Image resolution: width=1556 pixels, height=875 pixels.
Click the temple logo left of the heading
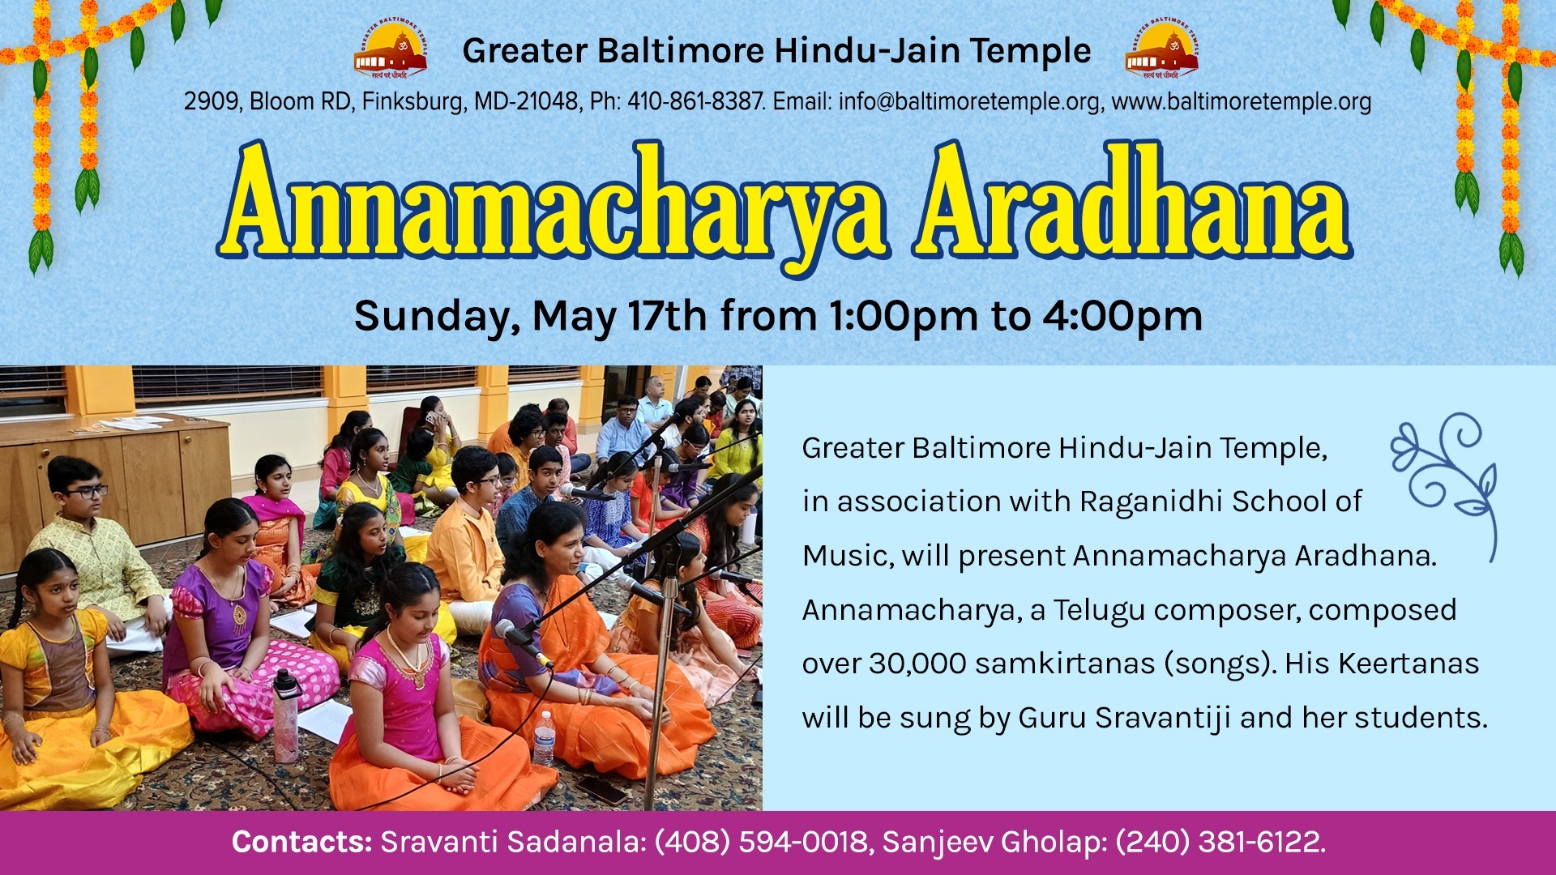point(390,48)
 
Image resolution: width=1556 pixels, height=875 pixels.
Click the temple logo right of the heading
point(1161,48)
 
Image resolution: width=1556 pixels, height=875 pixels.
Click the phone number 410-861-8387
point(695,101)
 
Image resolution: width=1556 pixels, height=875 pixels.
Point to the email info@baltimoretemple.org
point(969,101)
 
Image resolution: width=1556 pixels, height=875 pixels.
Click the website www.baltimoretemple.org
point(1241,101)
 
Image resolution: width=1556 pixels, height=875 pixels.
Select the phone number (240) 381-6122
point(1220,842)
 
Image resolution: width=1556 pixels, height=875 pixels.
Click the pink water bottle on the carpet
point(285,715)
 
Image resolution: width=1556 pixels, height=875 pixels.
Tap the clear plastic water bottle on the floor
point(544,738)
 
